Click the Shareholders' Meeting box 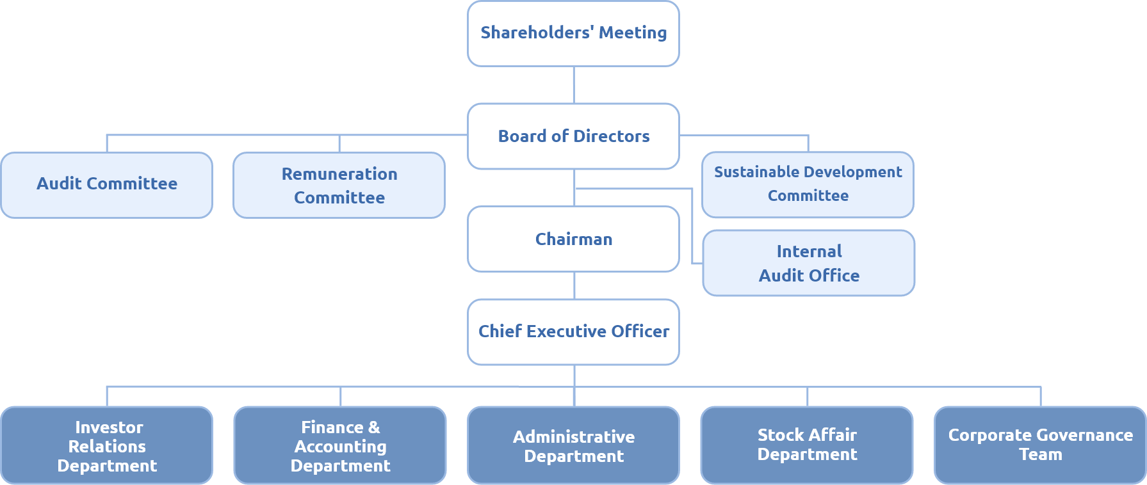click(x=573, y=33)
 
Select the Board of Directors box click(x=573, y=136)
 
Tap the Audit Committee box click(x=107, y=184)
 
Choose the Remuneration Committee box click(x=339, y=185)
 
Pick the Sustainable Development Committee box click(x=808, y=184)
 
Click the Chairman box click(x=573, y=239)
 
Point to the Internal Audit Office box click(x=808, y=263)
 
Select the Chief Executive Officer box click(x=573, y=331)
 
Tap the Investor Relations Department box click(x=107, y=445)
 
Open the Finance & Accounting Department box click(x=340, y=445)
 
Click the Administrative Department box click(x=573, y=445)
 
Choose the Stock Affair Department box click(x=807, y=445)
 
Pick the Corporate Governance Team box click(x=1040, y=445)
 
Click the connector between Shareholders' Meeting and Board click(x=574, y=84)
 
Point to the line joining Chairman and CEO click(x=574, y=285)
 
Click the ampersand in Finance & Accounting click(x=374, y=427)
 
